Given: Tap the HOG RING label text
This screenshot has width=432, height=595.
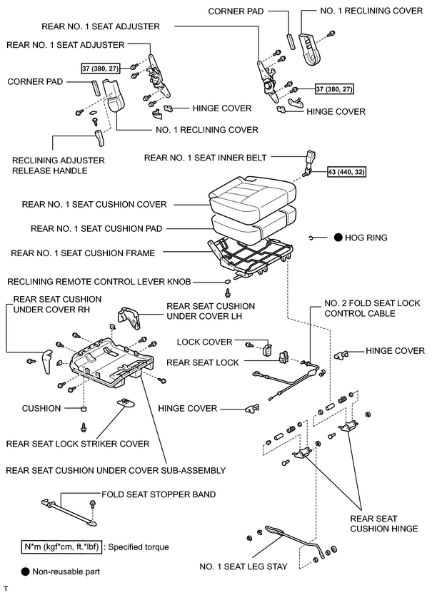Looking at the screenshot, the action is pos(366,238).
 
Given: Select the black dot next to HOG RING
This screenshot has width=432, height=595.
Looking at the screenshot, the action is pos(338,238).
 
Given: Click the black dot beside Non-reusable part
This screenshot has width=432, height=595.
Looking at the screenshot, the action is pos(26,571).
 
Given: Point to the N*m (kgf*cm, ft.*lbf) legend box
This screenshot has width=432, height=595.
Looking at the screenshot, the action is pos(61,546).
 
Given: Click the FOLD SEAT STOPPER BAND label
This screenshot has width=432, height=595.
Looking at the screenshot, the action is pos(159,494).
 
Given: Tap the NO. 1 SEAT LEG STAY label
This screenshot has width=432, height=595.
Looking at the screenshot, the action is pos(243,566).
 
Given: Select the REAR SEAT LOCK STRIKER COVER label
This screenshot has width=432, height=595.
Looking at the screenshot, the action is pos(78,444).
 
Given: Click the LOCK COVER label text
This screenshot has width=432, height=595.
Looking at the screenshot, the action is pos(204,342).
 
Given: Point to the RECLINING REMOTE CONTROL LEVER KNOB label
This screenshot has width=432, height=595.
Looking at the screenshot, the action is pos(99,282).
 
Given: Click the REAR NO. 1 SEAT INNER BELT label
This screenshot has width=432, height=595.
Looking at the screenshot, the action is pos(205,158).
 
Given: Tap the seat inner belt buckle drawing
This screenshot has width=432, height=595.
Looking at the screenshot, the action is pos(311,163).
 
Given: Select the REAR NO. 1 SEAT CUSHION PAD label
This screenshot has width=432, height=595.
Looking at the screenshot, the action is pos(96,228).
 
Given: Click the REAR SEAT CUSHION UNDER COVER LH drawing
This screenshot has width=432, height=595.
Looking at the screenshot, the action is pos(129,317).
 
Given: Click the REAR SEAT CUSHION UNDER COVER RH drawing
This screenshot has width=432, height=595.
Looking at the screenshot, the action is pos(47,361).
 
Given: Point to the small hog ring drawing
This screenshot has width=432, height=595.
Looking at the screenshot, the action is pos(311,238).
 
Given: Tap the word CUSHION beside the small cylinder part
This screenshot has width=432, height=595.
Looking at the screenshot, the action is pos(41,408).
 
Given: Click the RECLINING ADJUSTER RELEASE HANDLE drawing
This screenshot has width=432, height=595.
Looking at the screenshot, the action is pos(99,138).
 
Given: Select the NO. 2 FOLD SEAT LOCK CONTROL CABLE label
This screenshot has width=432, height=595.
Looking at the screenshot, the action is pos(372,308).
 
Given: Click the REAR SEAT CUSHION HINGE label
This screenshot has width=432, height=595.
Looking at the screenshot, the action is pos(383,524).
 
